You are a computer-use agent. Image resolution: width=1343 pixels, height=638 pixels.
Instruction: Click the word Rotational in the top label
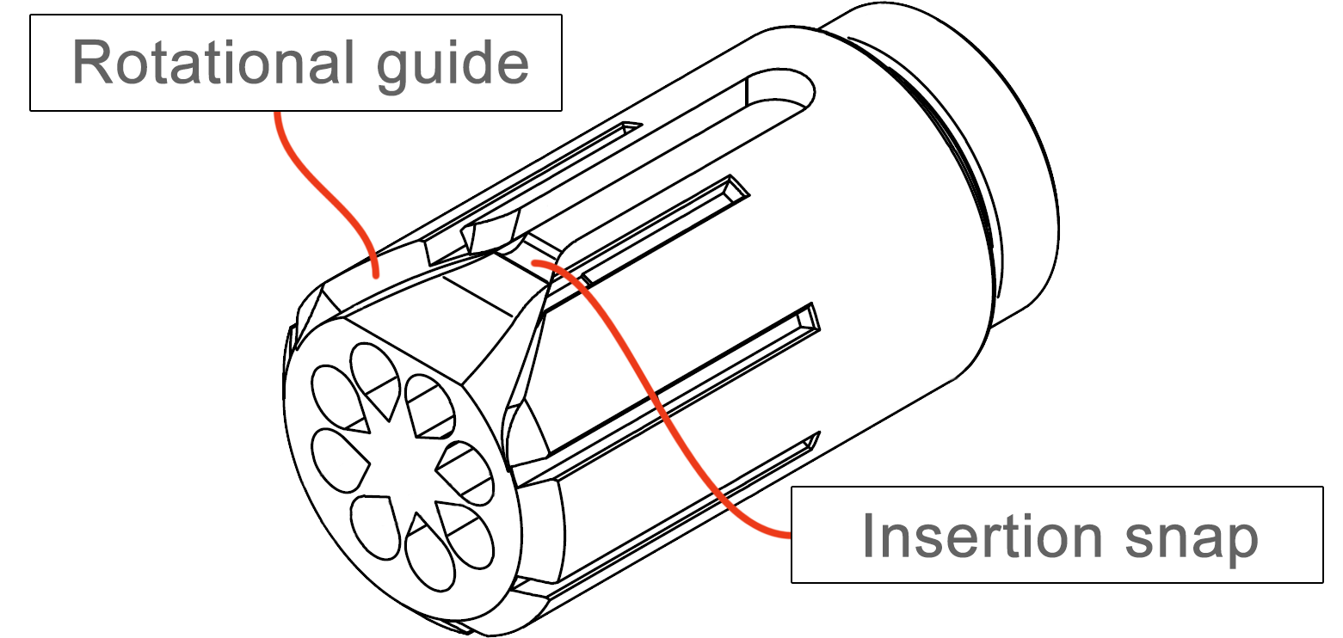click(x=213, y=63)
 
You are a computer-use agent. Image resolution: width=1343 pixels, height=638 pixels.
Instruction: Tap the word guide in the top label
click(x=453, y=67)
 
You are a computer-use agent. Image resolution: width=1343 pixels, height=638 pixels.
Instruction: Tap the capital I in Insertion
click(x=867, y=537)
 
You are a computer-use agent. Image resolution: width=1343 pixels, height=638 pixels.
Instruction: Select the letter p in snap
click(x=1241, y=544)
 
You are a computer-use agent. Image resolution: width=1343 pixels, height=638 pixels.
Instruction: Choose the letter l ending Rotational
click(x=349, y=63)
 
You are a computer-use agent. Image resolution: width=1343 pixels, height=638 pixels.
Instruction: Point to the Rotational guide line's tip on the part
click(x=376, y=277)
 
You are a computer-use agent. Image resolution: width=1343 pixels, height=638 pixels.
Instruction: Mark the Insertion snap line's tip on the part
click(x=533, y=262)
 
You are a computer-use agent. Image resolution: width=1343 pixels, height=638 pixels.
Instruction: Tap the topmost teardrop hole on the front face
click(x=375, y=377)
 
